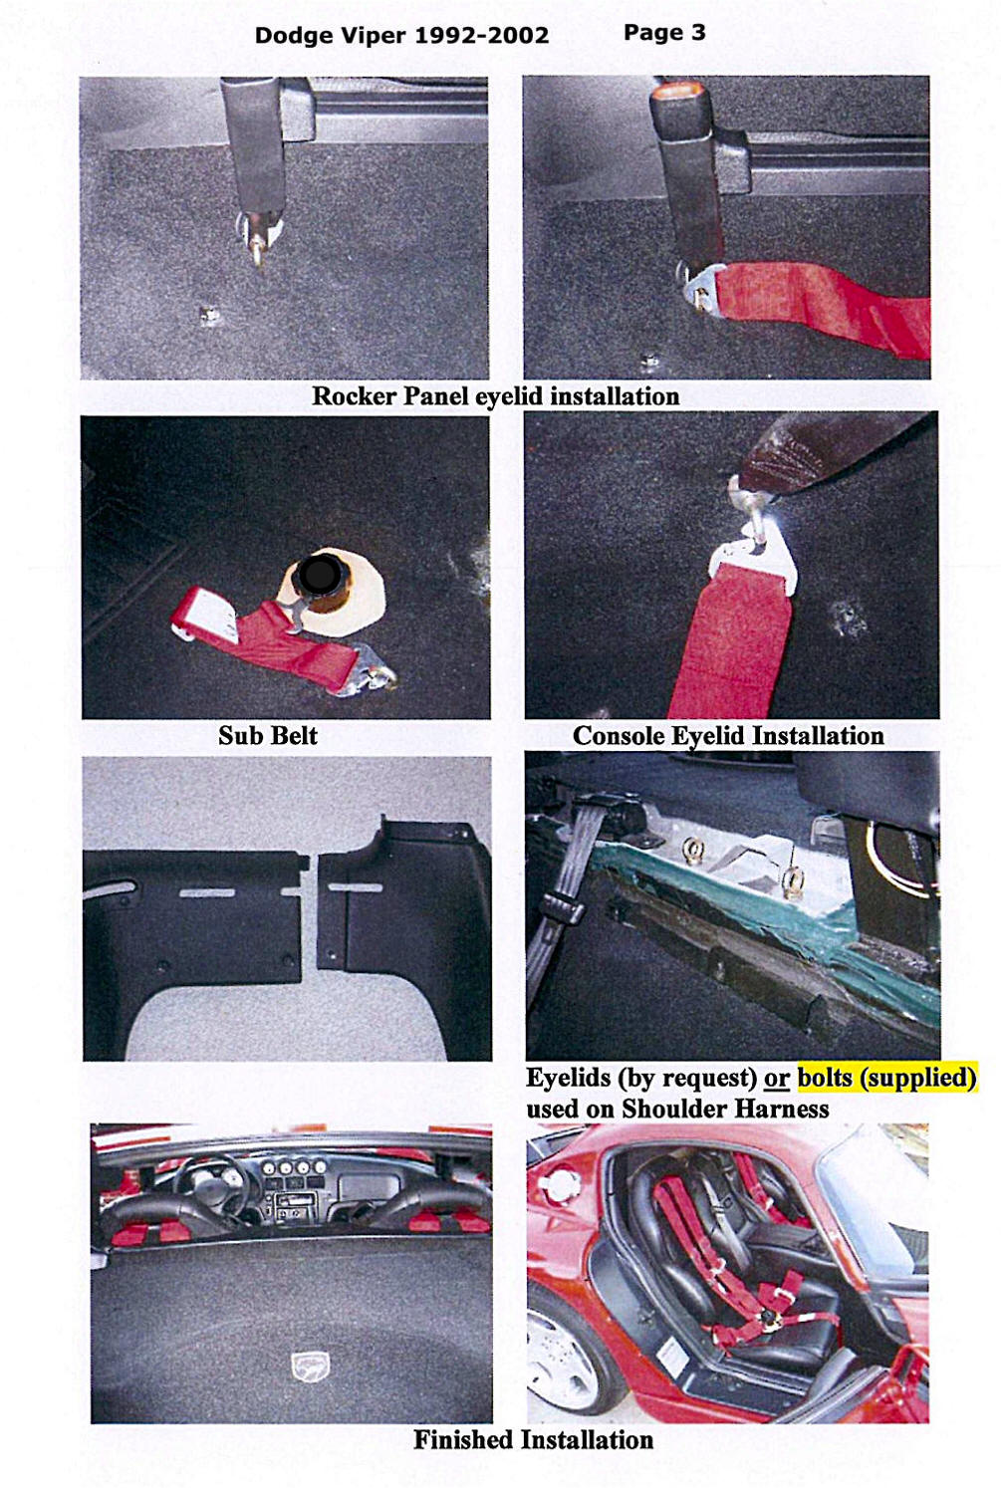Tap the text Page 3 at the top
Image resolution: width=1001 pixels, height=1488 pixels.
(x=664, y=33)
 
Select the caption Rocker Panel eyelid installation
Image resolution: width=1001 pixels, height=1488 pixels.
(x=495, y=396)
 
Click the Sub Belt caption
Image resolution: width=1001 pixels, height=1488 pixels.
(x=268, y=735)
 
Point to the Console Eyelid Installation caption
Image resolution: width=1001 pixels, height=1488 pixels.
(x=728, y=736)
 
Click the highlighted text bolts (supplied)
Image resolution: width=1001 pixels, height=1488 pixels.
(x=886, y=1077)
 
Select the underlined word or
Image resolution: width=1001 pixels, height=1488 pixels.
(x=776, y=1079)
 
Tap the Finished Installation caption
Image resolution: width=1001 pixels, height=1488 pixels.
(x=534, y=1439)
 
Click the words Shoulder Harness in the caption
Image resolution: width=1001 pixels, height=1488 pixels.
(x=725, y=1109)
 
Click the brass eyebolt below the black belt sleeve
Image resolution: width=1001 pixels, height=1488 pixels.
(x=258, y=251)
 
